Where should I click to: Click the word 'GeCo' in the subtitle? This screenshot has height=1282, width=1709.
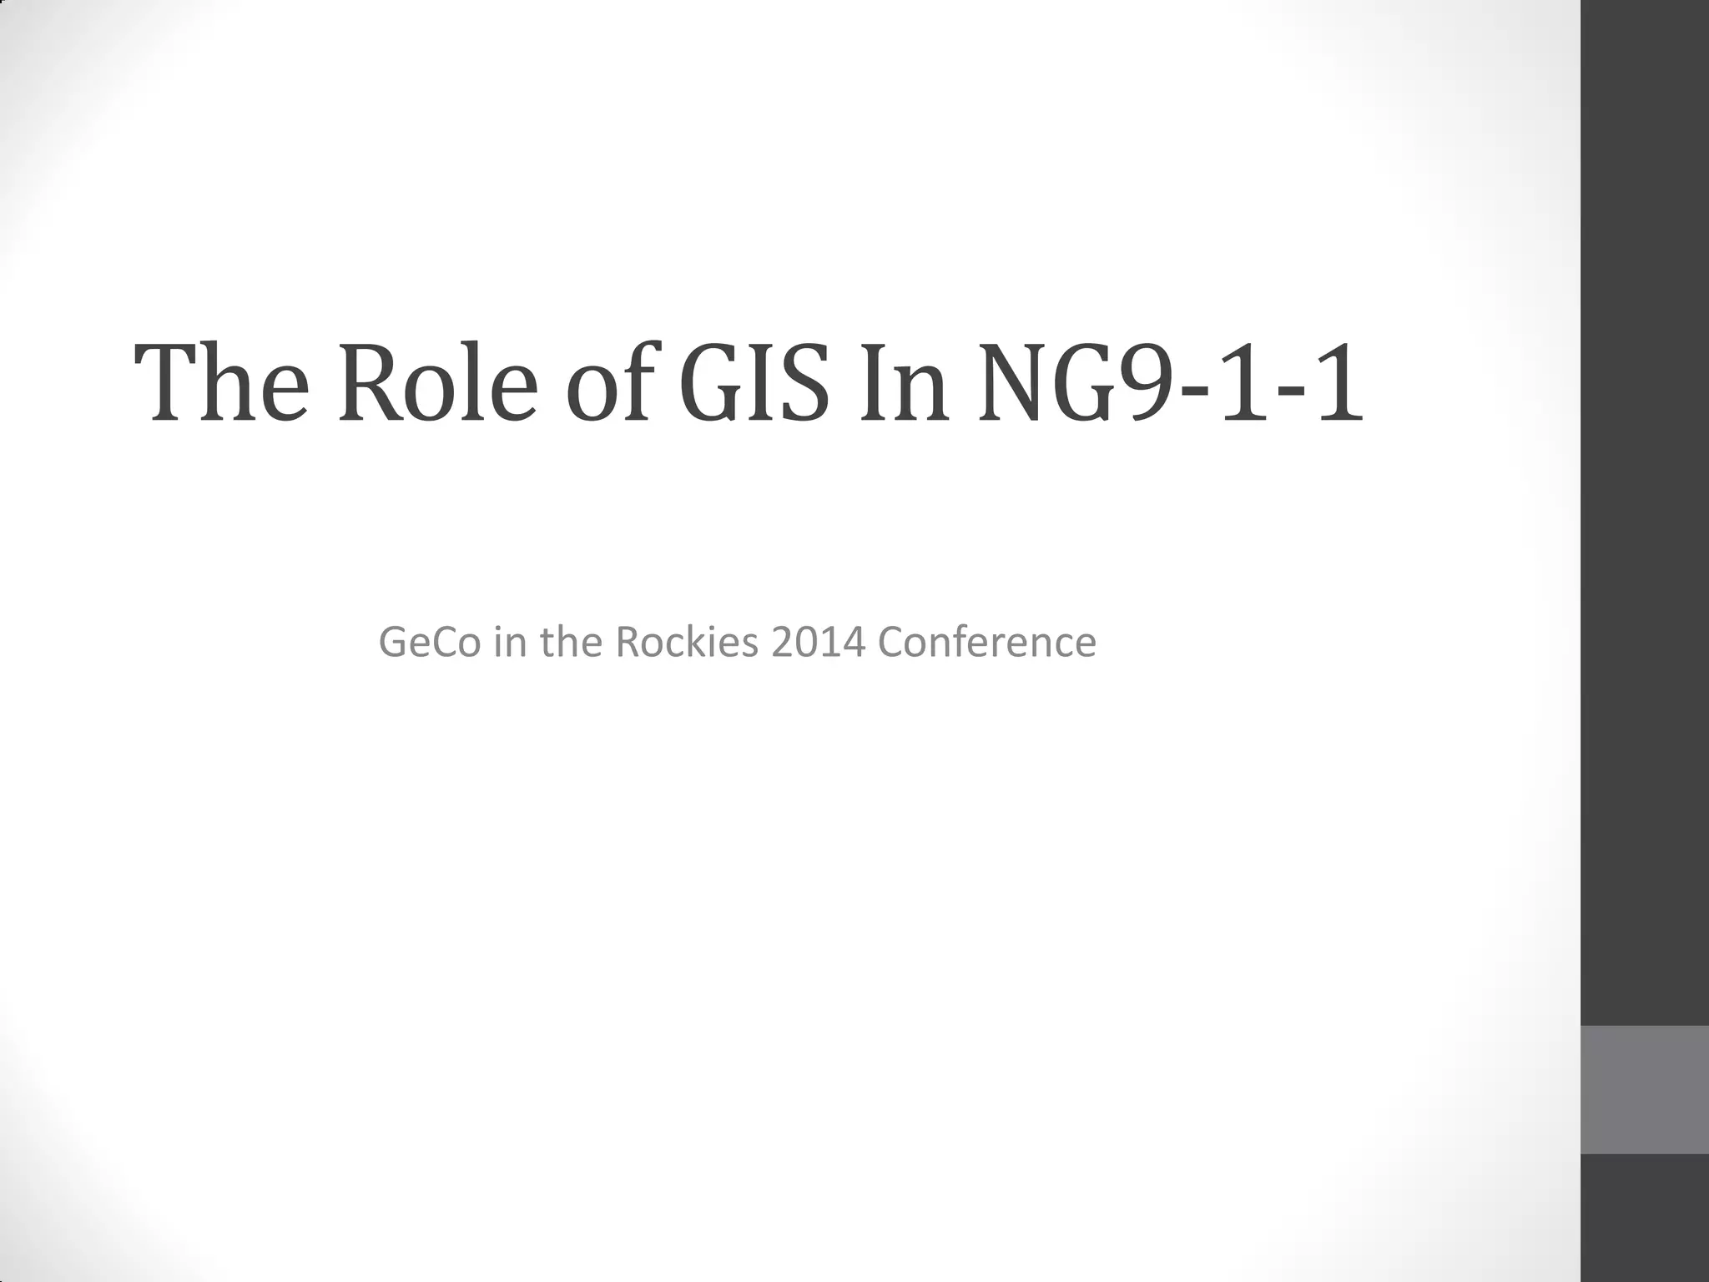[x=430, y=642]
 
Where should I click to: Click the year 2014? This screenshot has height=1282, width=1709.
[x=819, y=642]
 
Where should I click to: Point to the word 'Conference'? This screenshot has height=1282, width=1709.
[x=987, y=642]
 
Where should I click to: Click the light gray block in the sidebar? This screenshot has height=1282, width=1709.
[x=1645, y=1090]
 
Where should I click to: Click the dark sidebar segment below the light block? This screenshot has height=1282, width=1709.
[x=1645, y=1219]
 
